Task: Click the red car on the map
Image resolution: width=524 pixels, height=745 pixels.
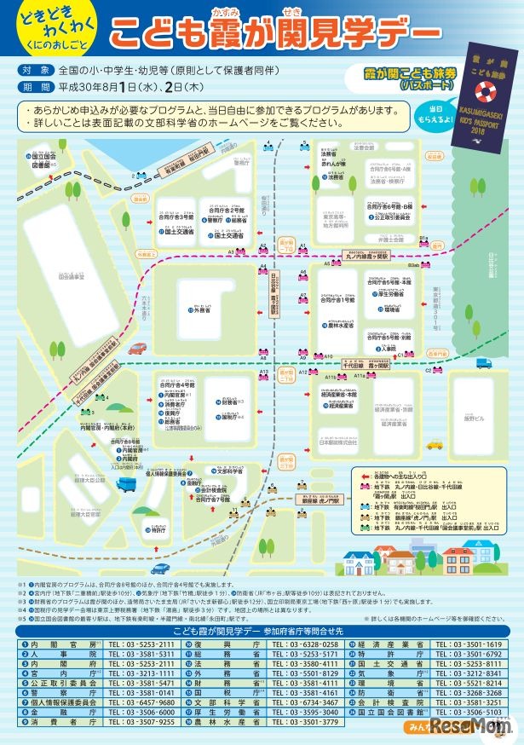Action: [x=137, y=348]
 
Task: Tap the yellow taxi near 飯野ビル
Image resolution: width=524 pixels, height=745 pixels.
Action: [x=435, y=443]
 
